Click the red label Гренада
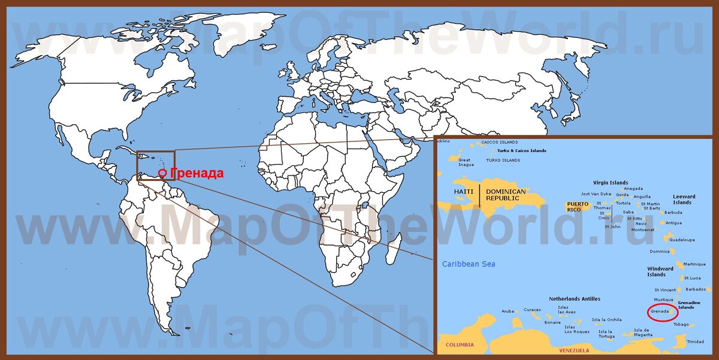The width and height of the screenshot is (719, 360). (197, 174)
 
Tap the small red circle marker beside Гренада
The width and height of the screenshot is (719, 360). (162, 174)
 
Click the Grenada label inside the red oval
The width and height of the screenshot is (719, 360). (659, 311)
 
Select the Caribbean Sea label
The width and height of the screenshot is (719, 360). (469, 264)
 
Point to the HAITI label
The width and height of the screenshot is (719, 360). (464, 192)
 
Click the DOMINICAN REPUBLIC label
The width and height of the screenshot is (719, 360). (506, 195)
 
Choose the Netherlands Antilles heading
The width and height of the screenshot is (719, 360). (575, 298)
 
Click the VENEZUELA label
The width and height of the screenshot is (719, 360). (573, 350)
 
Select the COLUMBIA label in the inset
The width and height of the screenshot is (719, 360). (460, 344)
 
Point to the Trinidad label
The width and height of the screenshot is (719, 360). (695, 341)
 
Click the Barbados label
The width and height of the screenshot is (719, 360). (696, 289)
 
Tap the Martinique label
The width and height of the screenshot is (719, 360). (694, 264)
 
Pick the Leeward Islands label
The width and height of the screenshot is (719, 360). (684, 199)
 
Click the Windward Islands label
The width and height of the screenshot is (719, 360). (660, 272)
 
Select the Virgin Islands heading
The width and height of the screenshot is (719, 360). (611, 183)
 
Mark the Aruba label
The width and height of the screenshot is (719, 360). (507, 311)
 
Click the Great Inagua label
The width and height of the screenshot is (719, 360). (465, 163)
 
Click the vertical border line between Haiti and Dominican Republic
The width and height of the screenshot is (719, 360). (479, 196)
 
